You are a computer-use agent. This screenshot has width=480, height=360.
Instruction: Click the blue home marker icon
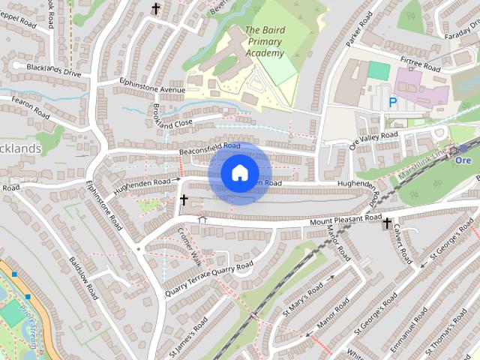point(239,172)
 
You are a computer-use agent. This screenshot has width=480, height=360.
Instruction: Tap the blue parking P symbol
point(391,102)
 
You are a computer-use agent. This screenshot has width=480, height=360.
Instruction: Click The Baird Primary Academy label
point(265,42)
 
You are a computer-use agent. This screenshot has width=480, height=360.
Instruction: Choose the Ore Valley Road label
point(374,138)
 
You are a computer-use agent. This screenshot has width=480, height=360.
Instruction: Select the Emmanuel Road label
point(407,323)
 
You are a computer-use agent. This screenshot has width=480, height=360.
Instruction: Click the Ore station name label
point(463,160)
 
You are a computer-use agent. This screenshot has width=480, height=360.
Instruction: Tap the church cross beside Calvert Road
point(387,223)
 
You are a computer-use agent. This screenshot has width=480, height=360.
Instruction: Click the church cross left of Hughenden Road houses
point(184,200)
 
